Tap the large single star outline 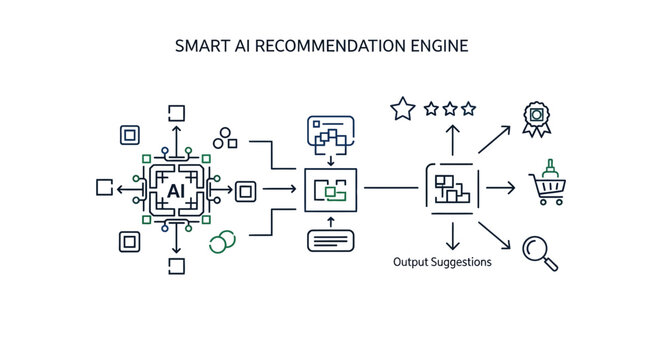pyautogui.click(x=402, y=109)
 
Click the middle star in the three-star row pyautogui.click(x=450, y=108)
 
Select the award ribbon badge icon pyautogui.click(x=538, y=116)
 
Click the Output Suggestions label pyautogui.click(x=441, y=262)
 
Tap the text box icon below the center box pyautogui.click(x=330, y=241)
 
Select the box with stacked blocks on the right pyautogui.click(x=452, y=186)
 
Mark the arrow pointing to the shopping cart pyautogui.click(x=500, y=187)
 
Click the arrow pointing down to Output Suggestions pyautogui.click(x=451, y=237)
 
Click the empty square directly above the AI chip pyautogui.click(x=177, y=111)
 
